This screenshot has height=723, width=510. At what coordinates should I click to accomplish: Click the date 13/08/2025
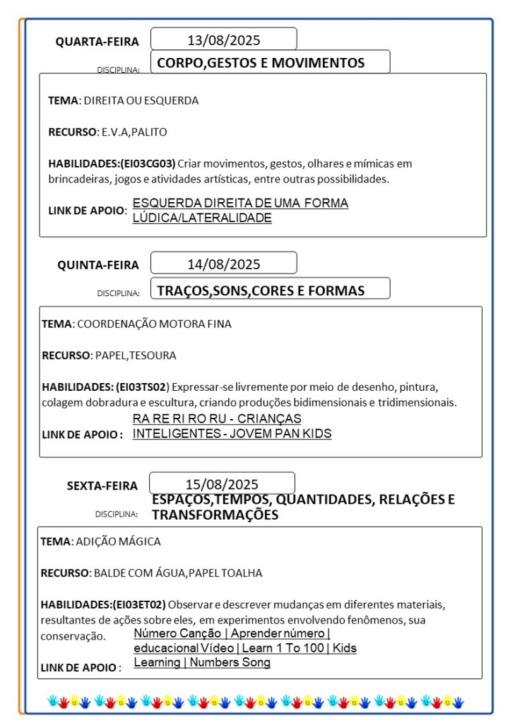coord(223,40)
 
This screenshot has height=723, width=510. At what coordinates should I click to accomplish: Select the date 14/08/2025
coord(223,264)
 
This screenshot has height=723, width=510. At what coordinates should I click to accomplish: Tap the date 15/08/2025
coord(222,484)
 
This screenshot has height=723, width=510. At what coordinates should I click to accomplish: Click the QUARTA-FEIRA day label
coord(97,42)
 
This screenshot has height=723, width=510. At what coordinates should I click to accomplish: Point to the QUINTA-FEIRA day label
coord(98,265)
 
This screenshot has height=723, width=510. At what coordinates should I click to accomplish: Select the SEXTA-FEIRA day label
coord(102,486)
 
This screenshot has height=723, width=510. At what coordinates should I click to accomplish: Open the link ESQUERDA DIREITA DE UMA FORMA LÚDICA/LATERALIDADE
coord(240,211)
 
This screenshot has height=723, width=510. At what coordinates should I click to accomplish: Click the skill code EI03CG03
coord(148,163)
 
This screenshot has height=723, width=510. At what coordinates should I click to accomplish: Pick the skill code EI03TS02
coord(142,387)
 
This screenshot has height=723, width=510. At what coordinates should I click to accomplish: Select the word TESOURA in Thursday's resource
coord(154,355)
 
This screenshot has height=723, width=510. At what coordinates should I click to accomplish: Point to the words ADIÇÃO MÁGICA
coord(118,542)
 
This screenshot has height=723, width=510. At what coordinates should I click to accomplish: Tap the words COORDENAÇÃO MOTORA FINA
coord(154,324)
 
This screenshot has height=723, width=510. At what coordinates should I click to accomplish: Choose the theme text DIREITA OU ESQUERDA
coord(141,100)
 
